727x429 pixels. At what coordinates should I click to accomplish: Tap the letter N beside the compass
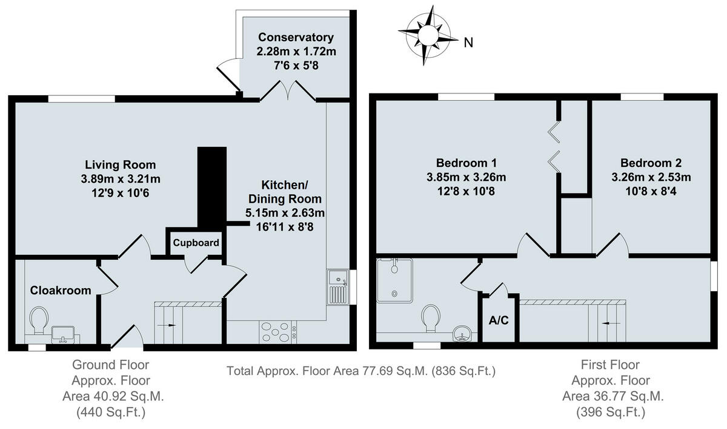pyautogui.click(x=468, y=42)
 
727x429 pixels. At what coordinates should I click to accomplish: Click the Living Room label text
pyautogui.click(x=120, y=164)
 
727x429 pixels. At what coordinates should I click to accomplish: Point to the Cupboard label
pyautogui.click(x=196, y=243)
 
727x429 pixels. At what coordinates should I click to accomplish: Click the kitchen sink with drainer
pyautogui.click(x=337, y=286)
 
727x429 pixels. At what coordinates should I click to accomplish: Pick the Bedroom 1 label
pyautogui.click(x=466, y=163)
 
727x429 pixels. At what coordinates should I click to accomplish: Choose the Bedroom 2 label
pyautogui.click(x=651, y=163)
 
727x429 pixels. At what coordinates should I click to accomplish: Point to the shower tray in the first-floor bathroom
pyautogui.click(x=394, y=280)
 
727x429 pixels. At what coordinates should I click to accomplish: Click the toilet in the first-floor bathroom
pyautogui.click(x=431, y=317)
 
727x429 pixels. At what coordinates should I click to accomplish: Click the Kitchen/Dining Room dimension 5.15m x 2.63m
pyautogui.click(x=284, y=213)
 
